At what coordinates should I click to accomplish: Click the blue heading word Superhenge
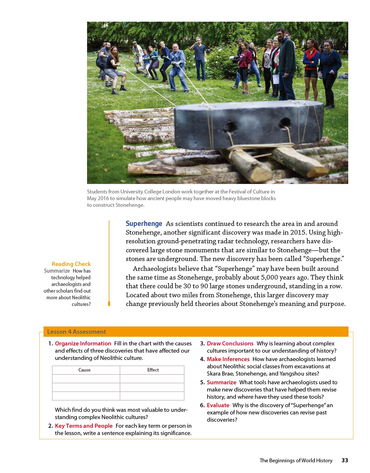(144, 224)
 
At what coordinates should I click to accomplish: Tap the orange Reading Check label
(71, 264)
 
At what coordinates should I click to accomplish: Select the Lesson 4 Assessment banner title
(76, 331)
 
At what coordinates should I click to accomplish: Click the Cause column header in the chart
(84, 370)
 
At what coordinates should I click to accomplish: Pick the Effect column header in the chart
(153, 370)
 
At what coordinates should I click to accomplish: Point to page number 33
(345, 460)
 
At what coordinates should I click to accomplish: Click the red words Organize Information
(83, 343)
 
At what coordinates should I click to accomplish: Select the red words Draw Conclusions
(230, 343)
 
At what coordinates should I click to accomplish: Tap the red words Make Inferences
(228, 359)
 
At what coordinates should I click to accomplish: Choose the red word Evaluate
(218, 405)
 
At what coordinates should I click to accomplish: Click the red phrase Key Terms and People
(84, 426)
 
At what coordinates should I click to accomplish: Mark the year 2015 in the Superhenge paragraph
(298, 233)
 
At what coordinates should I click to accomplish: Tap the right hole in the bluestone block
(286, 123)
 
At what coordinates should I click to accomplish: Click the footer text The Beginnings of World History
(296, 460)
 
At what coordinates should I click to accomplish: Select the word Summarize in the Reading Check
(57, 271)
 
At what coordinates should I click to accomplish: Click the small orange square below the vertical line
(109, 304)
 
